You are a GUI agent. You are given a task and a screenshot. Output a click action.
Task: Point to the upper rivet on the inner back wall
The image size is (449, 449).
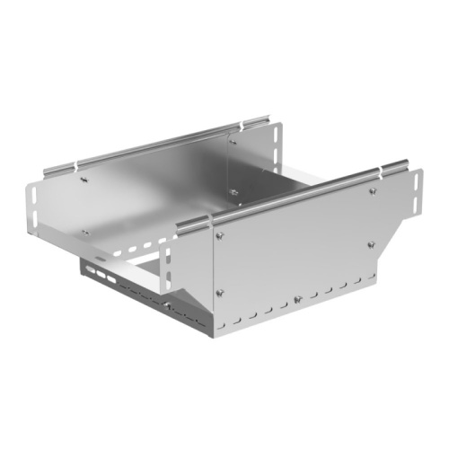tap(231, 137)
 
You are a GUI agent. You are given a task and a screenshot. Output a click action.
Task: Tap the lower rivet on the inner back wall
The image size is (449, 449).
tap(233, 191)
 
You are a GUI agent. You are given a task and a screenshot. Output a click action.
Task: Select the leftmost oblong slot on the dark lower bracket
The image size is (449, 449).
tap(92, 269)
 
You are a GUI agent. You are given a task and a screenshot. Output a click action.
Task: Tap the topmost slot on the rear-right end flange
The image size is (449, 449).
tap(273, 137)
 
